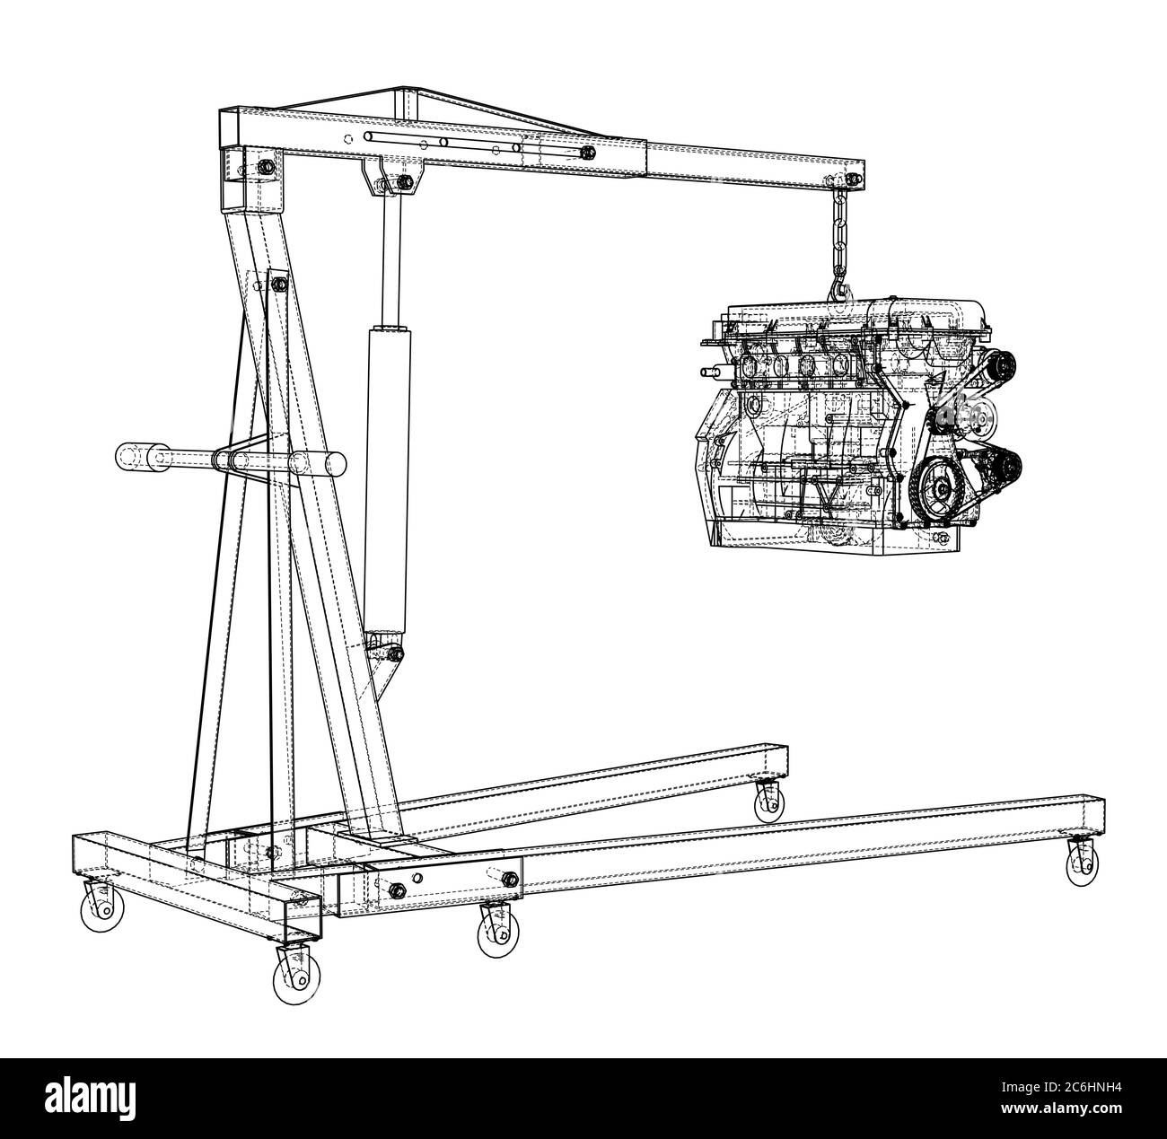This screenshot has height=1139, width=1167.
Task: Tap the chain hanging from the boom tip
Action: click(840, 233)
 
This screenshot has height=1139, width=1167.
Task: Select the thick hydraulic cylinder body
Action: click(387, 467)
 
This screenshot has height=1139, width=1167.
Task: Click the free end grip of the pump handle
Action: click(135, 456)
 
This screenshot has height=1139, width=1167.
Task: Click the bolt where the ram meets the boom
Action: click(401, 183)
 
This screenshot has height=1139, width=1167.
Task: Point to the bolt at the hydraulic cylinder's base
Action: click(392, 653)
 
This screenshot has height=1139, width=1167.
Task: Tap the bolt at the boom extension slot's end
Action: click(587, 153)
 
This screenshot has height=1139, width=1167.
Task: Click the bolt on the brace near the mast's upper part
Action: click(277, 284)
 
